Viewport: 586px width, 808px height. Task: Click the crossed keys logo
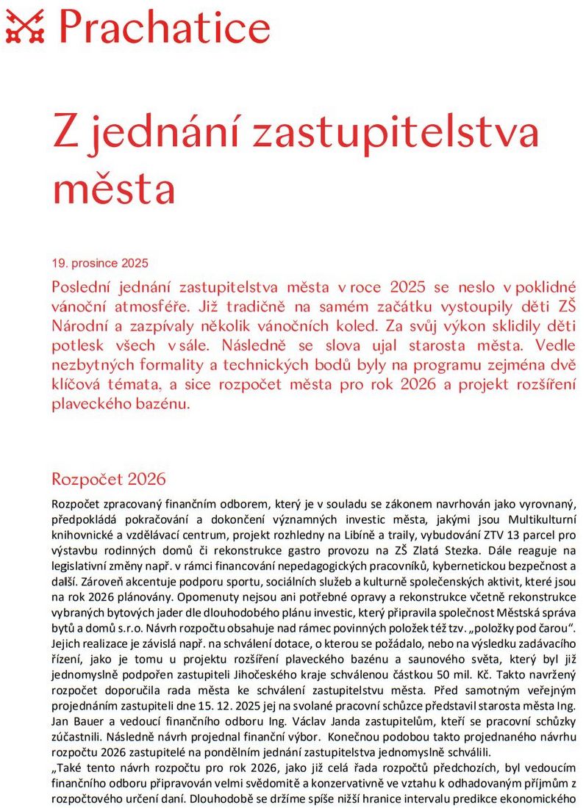point(24,26)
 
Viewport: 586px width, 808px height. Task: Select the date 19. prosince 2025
point(100,262)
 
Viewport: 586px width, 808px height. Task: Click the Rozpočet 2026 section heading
point(109,480)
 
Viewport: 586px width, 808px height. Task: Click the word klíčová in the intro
point(77,384)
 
